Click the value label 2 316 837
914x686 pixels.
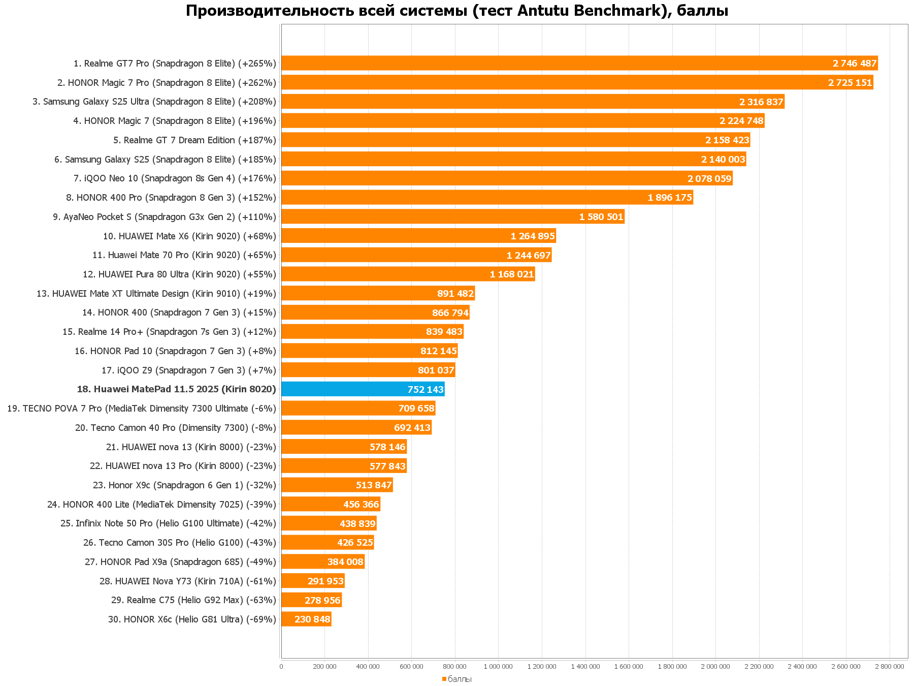pyautogui.click(x=761, y=102)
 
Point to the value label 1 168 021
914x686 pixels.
pyautogui.click(x=512, y=274)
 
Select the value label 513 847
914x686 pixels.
pyautogui.click(x=374, y=485)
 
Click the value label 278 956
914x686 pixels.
pyautogui.click(x=322, y=600)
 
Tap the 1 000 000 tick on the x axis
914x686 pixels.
pyautogui.click(x=498, y=666)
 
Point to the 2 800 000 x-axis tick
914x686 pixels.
pyautogui.click(x=890, y=666)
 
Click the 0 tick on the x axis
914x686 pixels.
pyautogui.click(x=281, y=666)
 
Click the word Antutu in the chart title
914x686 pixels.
pyautogui.click(x=543, y=10)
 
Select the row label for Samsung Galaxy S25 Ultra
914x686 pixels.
pyautogui.click(x=154, y=102)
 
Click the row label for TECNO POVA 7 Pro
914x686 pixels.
pyautogui.click(x=142, y=409)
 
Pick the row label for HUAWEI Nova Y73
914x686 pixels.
pyautogui.click(x=188, y=581)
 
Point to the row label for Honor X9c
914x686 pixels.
pyautogui.click(x=184, y=485)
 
